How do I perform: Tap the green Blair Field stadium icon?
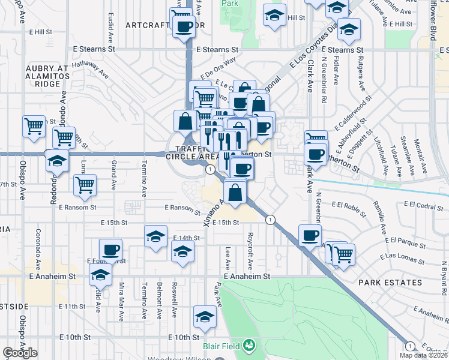coord(249,346)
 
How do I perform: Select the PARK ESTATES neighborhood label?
coord(387,282)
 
